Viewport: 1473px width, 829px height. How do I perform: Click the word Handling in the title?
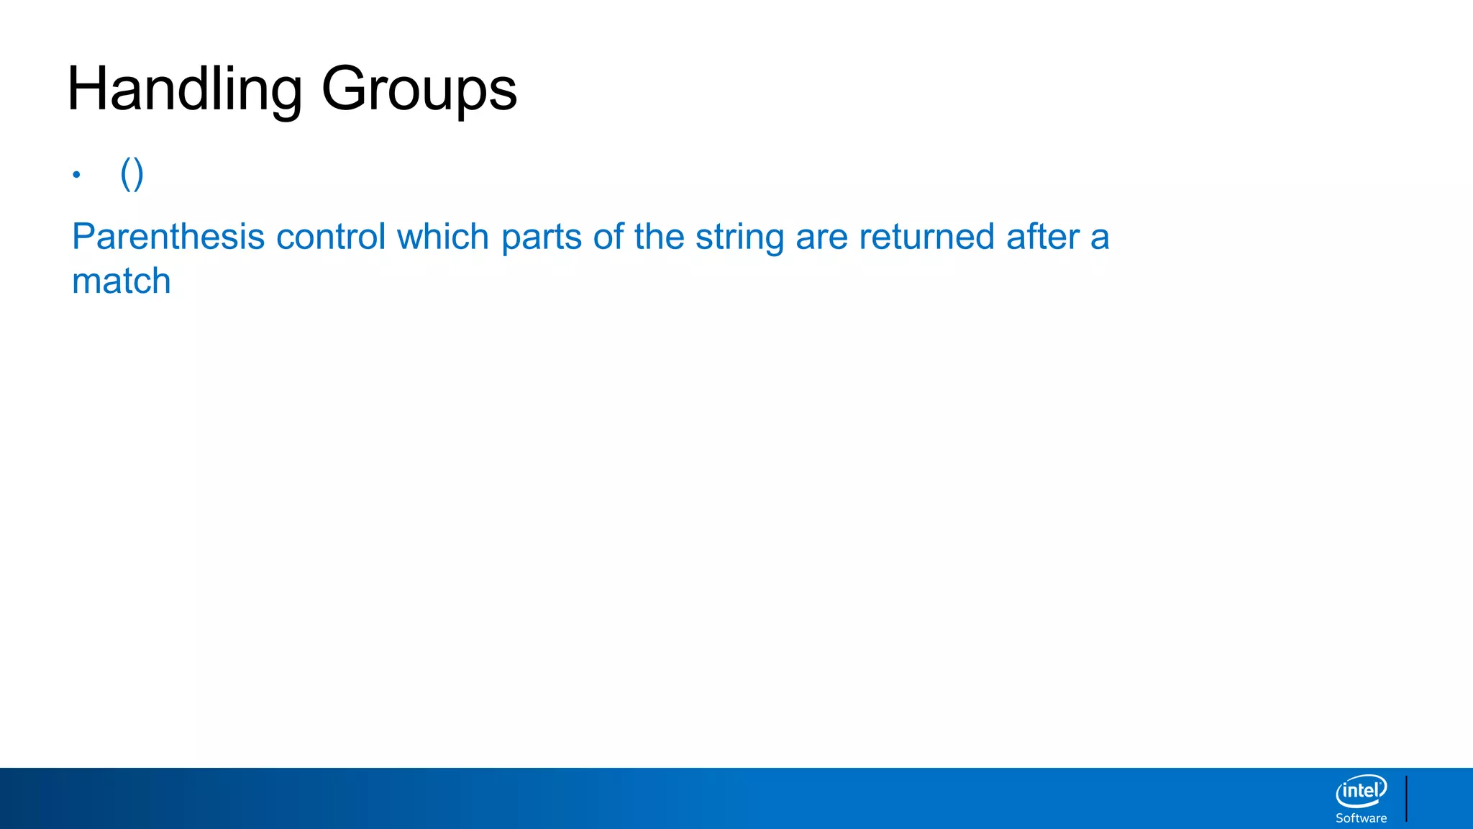184,89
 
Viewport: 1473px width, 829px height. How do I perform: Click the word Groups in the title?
419,89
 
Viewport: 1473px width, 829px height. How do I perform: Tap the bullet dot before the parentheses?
76,174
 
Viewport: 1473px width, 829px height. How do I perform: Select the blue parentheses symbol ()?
132,173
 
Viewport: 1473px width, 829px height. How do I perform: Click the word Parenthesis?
168,237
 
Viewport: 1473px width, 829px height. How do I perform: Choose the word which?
443,237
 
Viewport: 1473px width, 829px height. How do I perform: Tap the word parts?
542,238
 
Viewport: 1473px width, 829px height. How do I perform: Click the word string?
739,238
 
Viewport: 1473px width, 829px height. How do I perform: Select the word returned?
927,237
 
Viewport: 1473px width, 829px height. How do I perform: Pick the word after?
1043,237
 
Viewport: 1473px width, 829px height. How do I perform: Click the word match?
122,281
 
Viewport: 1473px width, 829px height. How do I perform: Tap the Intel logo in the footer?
1361,791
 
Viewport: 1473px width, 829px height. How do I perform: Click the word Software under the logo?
1361,818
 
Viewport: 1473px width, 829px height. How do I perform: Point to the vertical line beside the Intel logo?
1406,798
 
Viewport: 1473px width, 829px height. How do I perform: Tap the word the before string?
659,237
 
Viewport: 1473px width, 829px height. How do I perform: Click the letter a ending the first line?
1100,238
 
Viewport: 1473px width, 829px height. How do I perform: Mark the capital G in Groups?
342,89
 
